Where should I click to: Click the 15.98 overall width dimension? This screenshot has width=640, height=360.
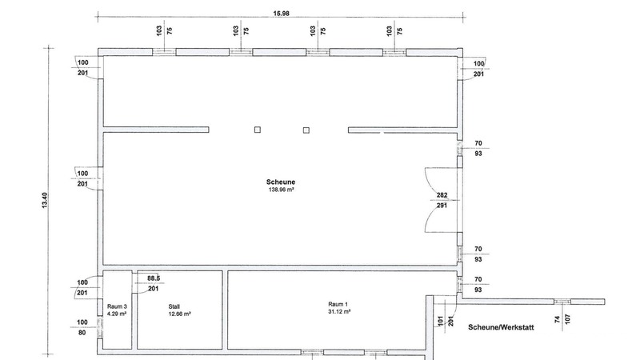coord(282,13)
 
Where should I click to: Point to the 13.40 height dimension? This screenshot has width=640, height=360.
coord(45,201)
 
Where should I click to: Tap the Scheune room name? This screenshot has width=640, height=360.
coord(281,182)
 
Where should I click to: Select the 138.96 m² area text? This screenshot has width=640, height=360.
coord(282,190)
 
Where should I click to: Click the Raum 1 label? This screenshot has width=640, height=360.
coord(338,304)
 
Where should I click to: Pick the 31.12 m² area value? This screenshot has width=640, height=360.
coord(338,311)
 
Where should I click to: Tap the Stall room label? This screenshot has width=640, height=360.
coord(174,306)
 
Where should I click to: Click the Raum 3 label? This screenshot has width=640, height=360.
coord(117,306)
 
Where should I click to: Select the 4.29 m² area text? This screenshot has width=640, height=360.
coord(117,314)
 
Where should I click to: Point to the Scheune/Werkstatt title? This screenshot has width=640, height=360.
coord(501,327)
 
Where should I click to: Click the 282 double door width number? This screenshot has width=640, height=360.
coord(442,195)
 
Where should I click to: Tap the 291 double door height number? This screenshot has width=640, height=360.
coord(442,206)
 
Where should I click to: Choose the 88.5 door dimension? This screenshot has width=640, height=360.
coord(154,278)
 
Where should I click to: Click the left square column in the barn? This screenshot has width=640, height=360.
coord(258,130)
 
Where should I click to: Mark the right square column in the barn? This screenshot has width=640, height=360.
coord(306,130)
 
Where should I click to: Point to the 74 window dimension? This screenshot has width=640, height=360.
coord(557,319)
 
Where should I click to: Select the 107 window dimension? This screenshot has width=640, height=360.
coord(567,318)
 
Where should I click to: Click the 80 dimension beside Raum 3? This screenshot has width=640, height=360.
coord(82,333)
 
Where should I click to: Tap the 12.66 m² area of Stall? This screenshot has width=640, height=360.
coord(179,314)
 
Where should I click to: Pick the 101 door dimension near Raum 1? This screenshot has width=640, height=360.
coord(441,321)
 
